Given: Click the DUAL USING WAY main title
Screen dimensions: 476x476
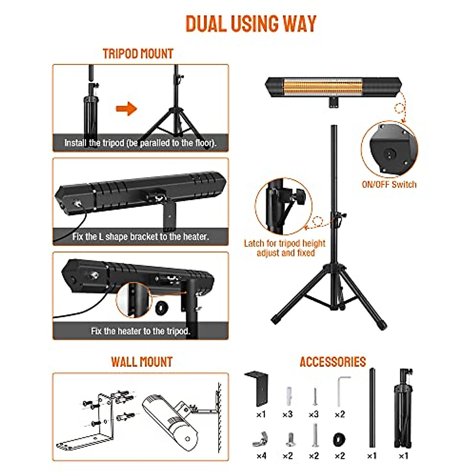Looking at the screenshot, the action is [251, 24].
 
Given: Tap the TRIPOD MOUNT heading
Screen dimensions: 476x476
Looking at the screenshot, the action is [138, 54].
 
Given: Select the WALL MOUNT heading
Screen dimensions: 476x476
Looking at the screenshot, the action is [142, 362].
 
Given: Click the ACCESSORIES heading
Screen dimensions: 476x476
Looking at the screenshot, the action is [332, 362].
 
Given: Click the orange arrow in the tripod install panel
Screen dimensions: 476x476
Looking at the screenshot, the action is [126, 109].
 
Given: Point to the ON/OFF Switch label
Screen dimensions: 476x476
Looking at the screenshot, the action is [389, 184].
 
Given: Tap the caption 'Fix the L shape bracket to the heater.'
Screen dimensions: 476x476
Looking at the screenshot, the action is [140, 237].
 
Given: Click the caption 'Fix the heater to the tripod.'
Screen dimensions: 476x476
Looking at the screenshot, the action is [140, 331].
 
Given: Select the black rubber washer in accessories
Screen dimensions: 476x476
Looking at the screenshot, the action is [339, 439].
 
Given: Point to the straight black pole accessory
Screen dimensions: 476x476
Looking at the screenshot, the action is [372, 409].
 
